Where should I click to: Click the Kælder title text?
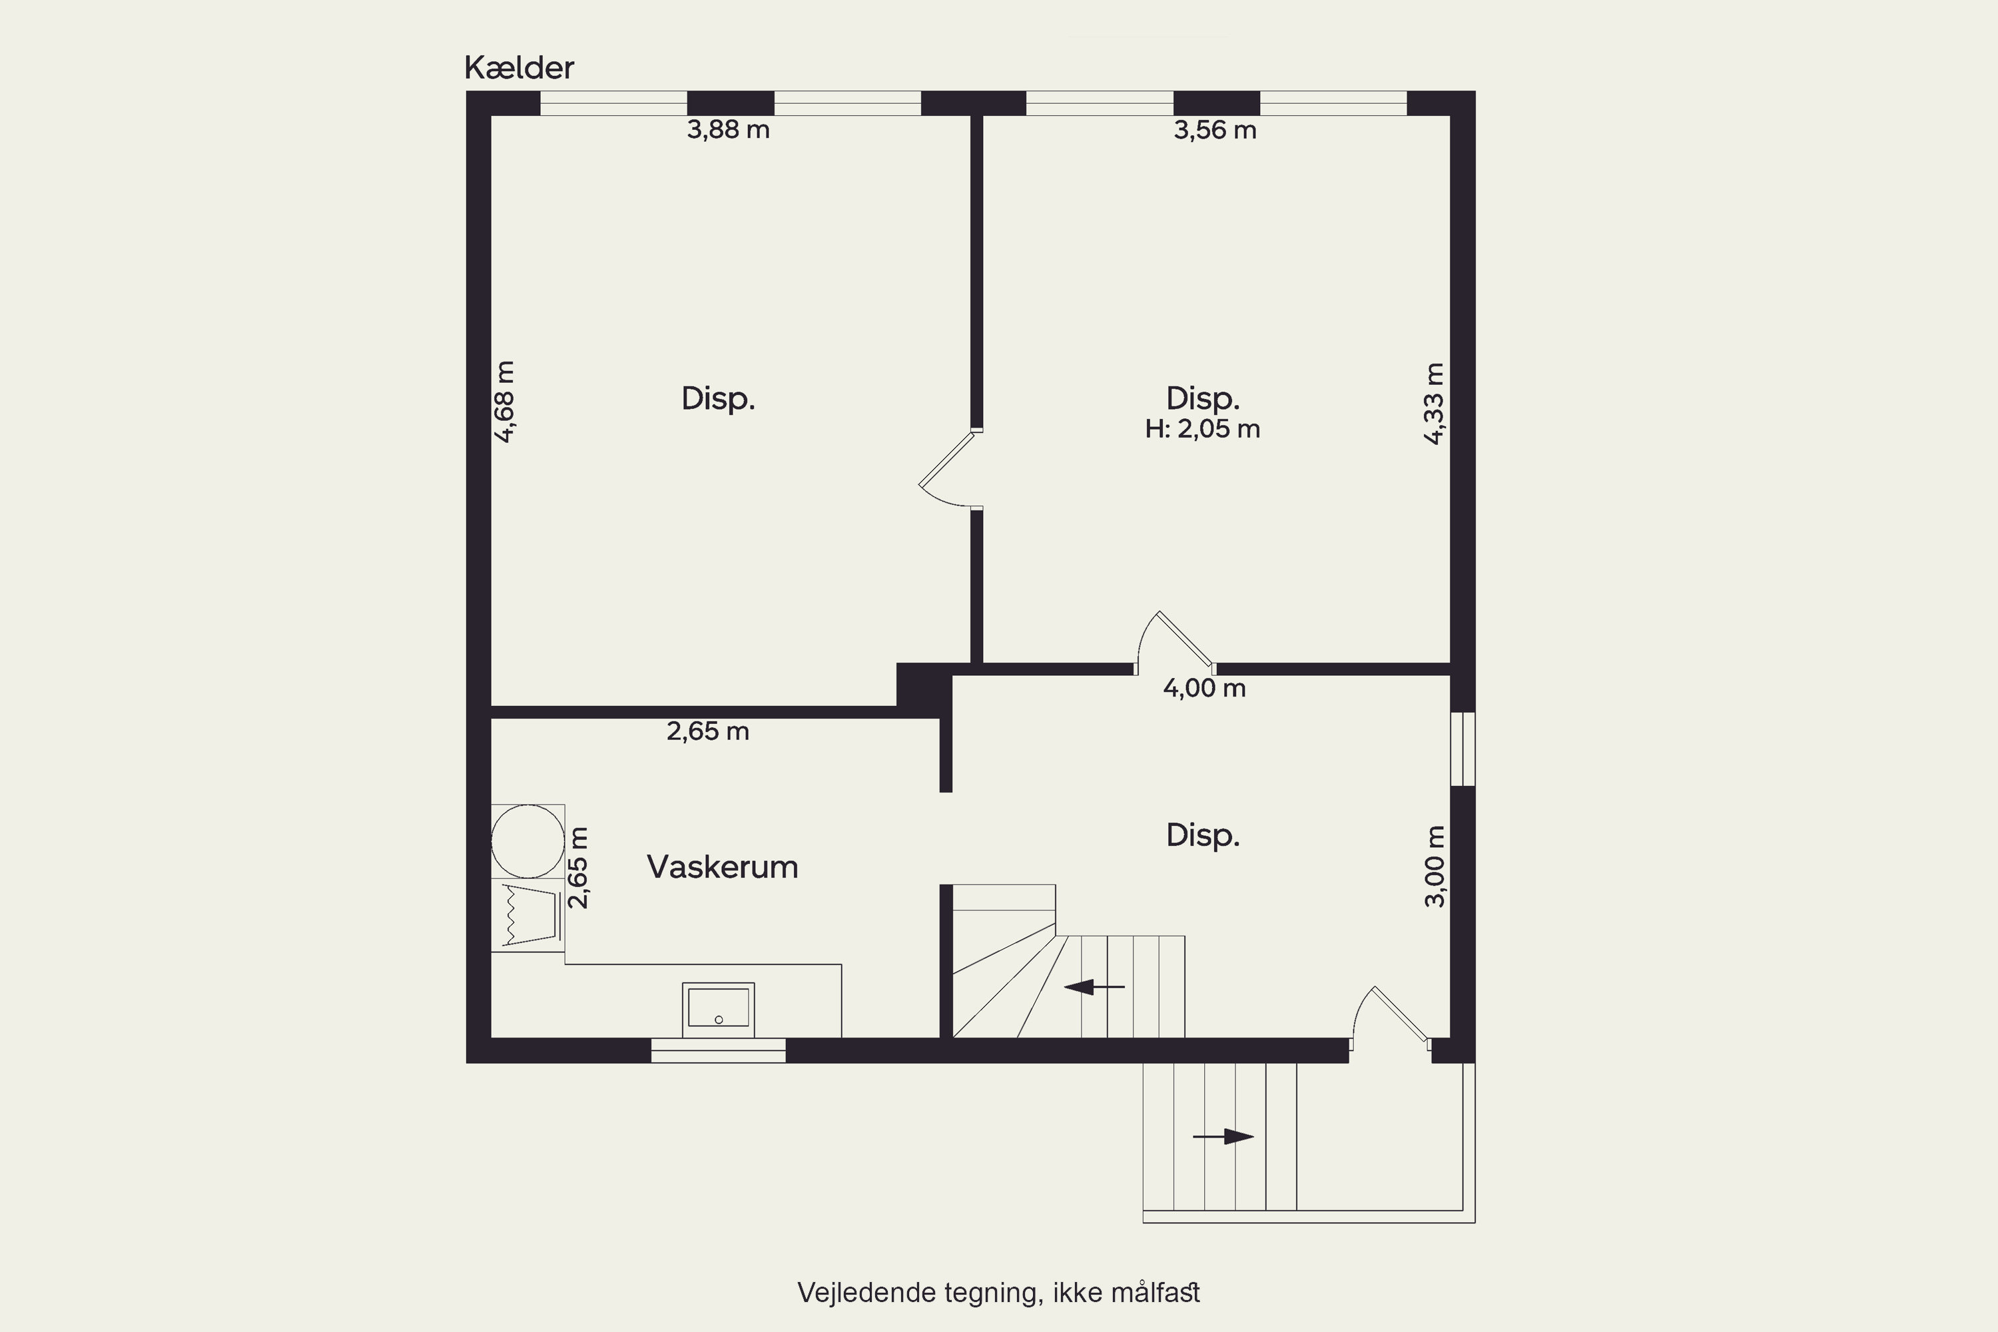[519, 68]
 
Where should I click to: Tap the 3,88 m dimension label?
[728, 130]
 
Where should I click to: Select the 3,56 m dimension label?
[1215, 130]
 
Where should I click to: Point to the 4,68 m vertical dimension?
[505, 402]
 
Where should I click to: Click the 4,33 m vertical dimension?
[1434, 404]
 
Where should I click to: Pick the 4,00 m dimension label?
[1205, 688]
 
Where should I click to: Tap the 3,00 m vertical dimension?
[1434, 866]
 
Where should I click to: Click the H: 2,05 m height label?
[1202, 429]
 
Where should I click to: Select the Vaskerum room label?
[722, 866]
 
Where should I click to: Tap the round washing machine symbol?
[527, 841]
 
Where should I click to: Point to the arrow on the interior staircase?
[1094, 987]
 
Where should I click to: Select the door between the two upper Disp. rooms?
[950, 470]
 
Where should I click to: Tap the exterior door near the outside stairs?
[1391, 1018]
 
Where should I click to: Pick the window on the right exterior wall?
[1462, 749]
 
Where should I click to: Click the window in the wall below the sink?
[718, 1050]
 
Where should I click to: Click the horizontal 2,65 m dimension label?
[707, 731]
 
